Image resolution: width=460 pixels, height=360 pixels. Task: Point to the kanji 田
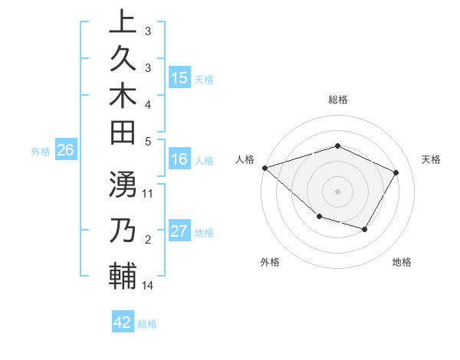coord(122,135)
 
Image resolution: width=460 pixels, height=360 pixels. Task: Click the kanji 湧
coord(122,185)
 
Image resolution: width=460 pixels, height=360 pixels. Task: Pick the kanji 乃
coord(122,231)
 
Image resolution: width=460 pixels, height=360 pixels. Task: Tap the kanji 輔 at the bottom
coord(122,277)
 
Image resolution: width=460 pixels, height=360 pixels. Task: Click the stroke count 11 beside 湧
coord(148,193)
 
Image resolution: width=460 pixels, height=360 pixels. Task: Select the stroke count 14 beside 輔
coord(148,286)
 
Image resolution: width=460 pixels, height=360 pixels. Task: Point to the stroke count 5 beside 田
coord(148,141)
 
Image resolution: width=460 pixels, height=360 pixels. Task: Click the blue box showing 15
coord(179,78)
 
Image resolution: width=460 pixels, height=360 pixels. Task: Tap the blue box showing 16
coord(179,160)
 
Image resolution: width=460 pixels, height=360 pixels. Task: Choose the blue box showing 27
coord(179,232)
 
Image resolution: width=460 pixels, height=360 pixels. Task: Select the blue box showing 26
coord(66,151)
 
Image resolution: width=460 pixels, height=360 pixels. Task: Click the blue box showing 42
coord(123,322)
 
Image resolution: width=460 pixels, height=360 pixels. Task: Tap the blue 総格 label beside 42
coord(147,323)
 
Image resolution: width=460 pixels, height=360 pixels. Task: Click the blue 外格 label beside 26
coord(41,152)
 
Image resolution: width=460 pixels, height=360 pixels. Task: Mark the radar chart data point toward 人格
coord(264,168)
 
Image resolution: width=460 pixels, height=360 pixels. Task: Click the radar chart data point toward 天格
coord(396,172)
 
